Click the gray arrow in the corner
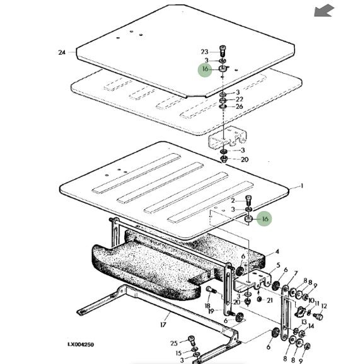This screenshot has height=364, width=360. point(323,11)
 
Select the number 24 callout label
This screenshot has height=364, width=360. point(62,52)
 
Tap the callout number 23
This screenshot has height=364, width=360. point(204,52)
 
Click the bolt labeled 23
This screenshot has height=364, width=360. point(223,50)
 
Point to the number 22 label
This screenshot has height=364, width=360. point(240,99)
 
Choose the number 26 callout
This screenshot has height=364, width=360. point(240,106)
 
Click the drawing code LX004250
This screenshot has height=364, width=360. point(81,344)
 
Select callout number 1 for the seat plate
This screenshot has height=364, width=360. point(301,186)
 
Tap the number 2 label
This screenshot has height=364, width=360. point(233,200)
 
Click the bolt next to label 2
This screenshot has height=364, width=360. point(248,200)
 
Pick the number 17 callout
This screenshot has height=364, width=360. point(163,324)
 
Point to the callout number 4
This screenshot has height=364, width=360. point(277,251)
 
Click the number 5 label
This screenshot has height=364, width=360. point(278,265)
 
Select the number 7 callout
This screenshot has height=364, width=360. point(296,274)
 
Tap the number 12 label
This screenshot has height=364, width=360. point(323,307)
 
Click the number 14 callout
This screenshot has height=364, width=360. point(311,326)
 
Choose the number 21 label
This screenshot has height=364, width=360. point(270,300)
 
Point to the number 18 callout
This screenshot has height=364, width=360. point(207,305)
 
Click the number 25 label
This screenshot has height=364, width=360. point(174,343)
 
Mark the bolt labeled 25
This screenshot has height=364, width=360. point(191,341)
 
